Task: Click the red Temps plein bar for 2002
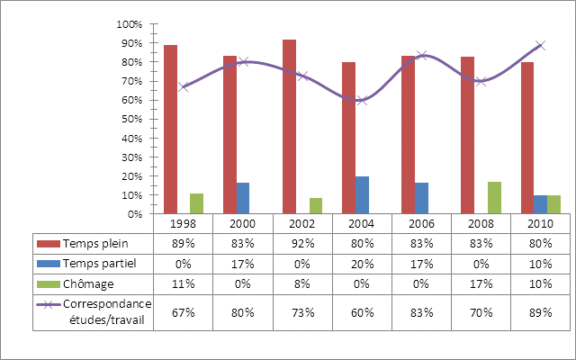[x=289, y=126]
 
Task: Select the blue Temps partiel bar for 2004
[x=362, y=195]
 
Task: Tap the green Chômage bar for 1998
[x=196, y=203]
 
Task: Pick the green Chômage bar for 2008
[x=493, y=198]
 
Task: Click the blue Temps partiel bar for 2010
[x=540, y=204]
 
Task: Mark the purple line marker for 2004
[x=362, y=100]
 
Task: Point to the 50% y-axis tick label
[x=131, y=119]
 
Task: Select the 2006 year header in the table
[x=421, y=222]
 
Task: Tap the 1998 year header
[x=184, y=222]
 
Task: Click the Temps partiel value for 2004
[x=362, y=263]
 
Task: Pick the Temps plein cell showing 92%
[x=302, y=243]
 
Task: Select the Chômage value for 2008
[x=481, y=283]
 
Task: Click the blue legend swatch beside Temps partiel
[x=48, y=263]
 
